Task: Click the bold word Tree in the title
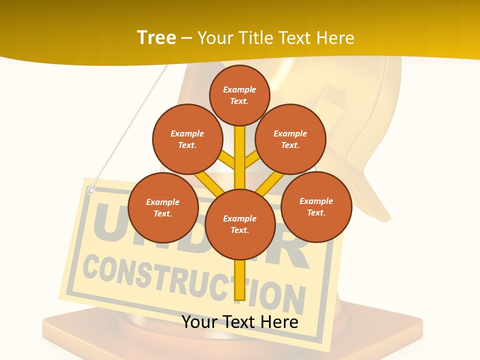pos(156,37)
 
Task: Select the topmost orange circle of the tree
pos(239,95)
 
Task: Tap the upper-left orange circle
pos(187,139)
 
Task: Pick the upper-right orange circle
pos(290,139)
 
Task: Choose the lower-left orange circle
pos(163,207)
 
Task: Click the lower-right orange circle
pos(316,206)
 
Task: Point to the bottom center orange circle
pos(240,224)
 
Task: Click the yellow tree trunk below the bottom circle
pos(239,280)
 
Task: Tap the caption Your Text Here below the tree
pos(239,321)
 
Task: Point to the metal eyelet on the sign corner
pos(90,189)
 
